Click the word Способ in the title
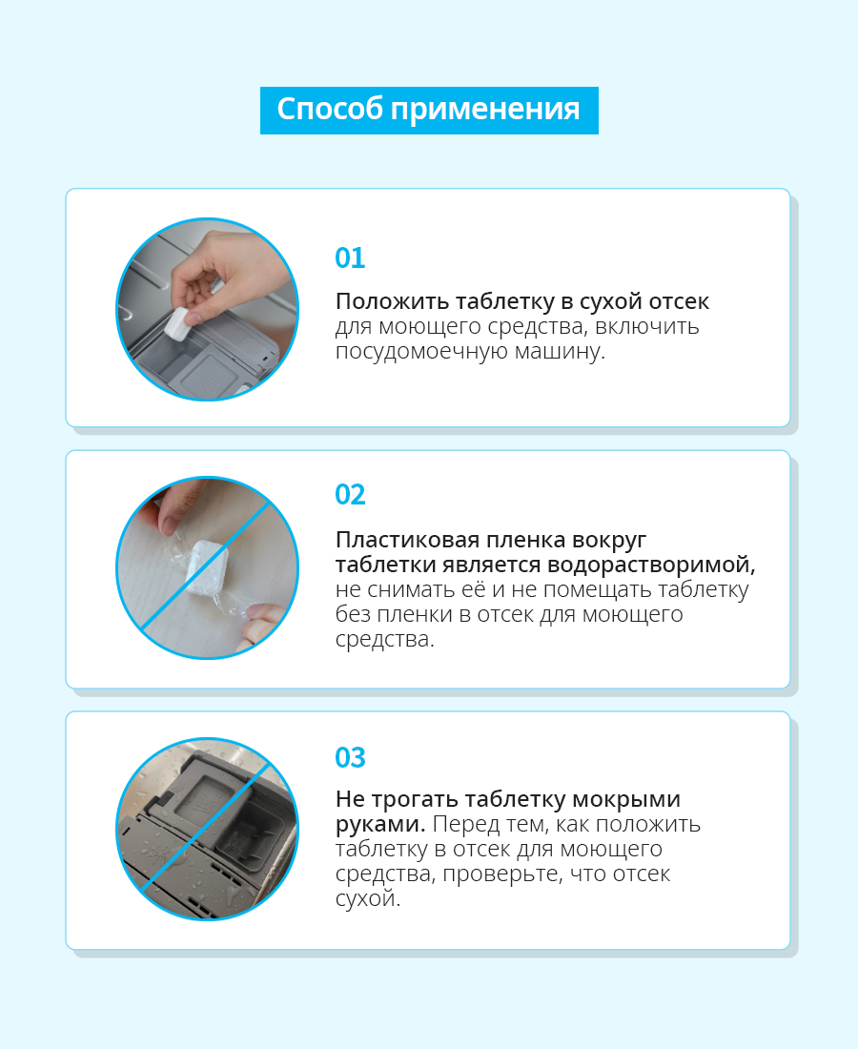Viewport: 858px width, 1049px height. [330, 110]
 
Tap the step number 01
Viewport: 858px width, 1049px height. [350, 257]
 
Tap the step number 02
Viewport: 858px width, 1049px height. [350, 494]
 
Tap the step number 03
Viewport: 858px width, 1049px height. [350, 757]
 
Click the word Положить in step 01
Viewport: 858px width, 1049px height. [392, 301]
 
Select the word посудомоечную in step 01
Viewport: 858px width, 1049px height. [421, 352]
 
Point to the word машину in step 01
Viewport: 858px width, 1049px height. [559, 351]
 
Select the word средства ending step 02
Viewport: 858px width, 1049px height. [384, 640]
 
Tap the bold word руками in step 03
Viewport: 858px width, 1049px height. [379, 825]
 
